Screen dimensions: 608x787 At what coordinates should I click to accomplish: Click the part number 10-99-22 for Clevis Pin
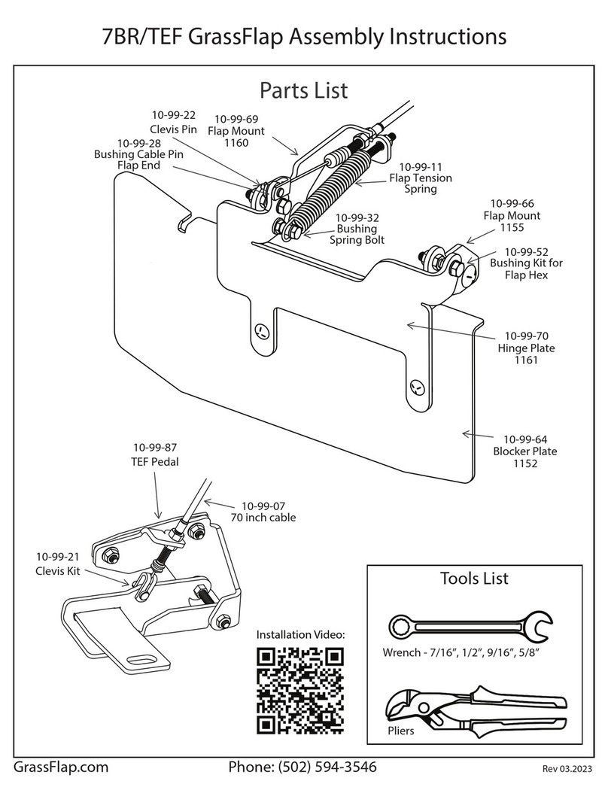[x=174, y=115]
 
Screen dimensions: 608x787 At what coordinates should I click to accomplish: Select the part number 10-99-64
[x=525, y=439]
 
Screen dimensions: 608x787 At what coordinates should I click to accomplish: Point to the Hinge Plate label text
[x=526, y=348]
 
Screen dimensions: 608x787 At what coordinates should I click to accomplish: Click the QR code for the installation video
[x=300, y=690]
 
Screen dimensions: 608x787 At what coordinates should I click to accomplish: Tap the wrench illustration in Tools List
[x=471, y=626]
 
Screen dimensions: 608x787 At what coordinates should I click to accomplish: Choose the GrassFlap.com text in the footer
[x=61, y=767]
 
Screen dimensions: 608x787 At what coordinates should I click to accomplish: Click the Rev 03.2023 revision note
[x=567, y=769]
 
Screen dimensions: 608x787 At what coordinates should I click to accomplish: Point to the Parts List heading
[x=304, y=90]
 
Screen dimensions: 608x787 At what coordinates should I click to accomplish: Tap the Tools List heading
[x=475, y=578]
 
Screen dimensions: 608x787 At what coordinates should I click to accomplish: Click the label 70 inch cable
[x=263, y=518]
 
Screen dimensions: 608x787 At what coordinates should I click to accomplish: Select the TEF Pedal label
[x=155, y=461]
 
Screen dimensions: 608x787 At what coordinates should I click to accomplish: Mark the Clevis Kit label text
[x=58, y=571]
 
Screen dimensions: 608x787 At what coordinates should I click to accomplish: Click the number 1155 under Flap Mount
[x=512, y=227]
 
